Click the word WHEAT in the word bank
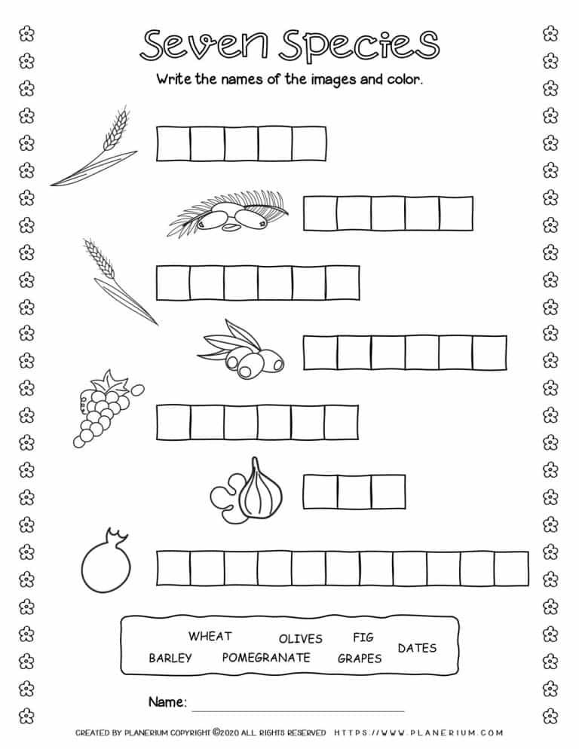pyautogui.click(x=210, y=637)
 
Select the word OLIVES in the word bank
pyautogui.click(x=300, y=639)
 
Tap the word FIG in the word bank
pyautogui.click(x=363, y=637)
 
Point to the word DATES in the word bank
pyautogui.click(x=416, y=648)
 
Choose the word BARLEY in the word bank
pyautogui.click(x=170, y=658)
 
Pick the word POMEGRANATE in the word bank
pyautogui.click(x=265, y=657)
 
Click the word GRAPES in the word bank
pyautogui.click(x=359, y=659)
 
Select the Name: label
pyautogui.click(x=167, y=702)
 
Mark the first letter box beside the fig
pyautogui.click(x=320, y=492)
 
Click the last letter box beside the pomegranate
pyautogui.click(x=511, y=568)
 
